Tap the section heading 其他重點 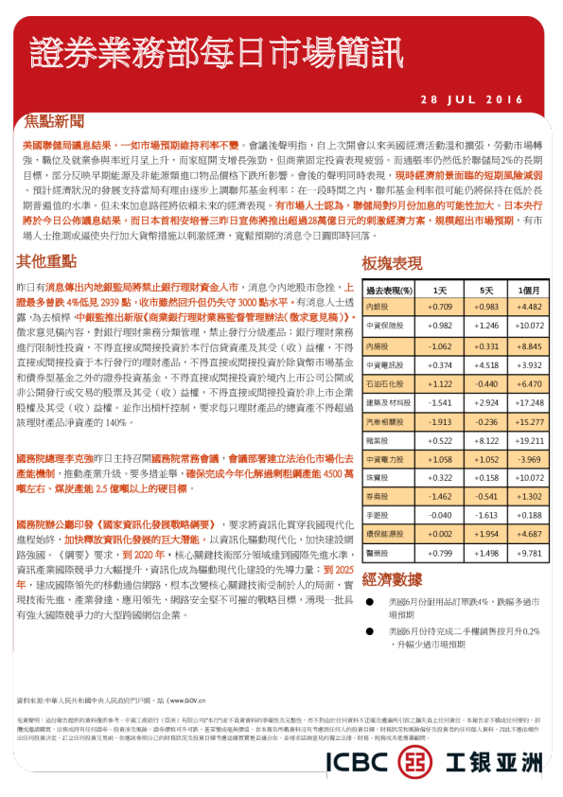coord(45,260)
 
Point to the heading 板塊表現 coord(392,262)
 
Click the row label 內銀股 coord(378,307)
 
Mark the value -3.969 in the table coord(530,460)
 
